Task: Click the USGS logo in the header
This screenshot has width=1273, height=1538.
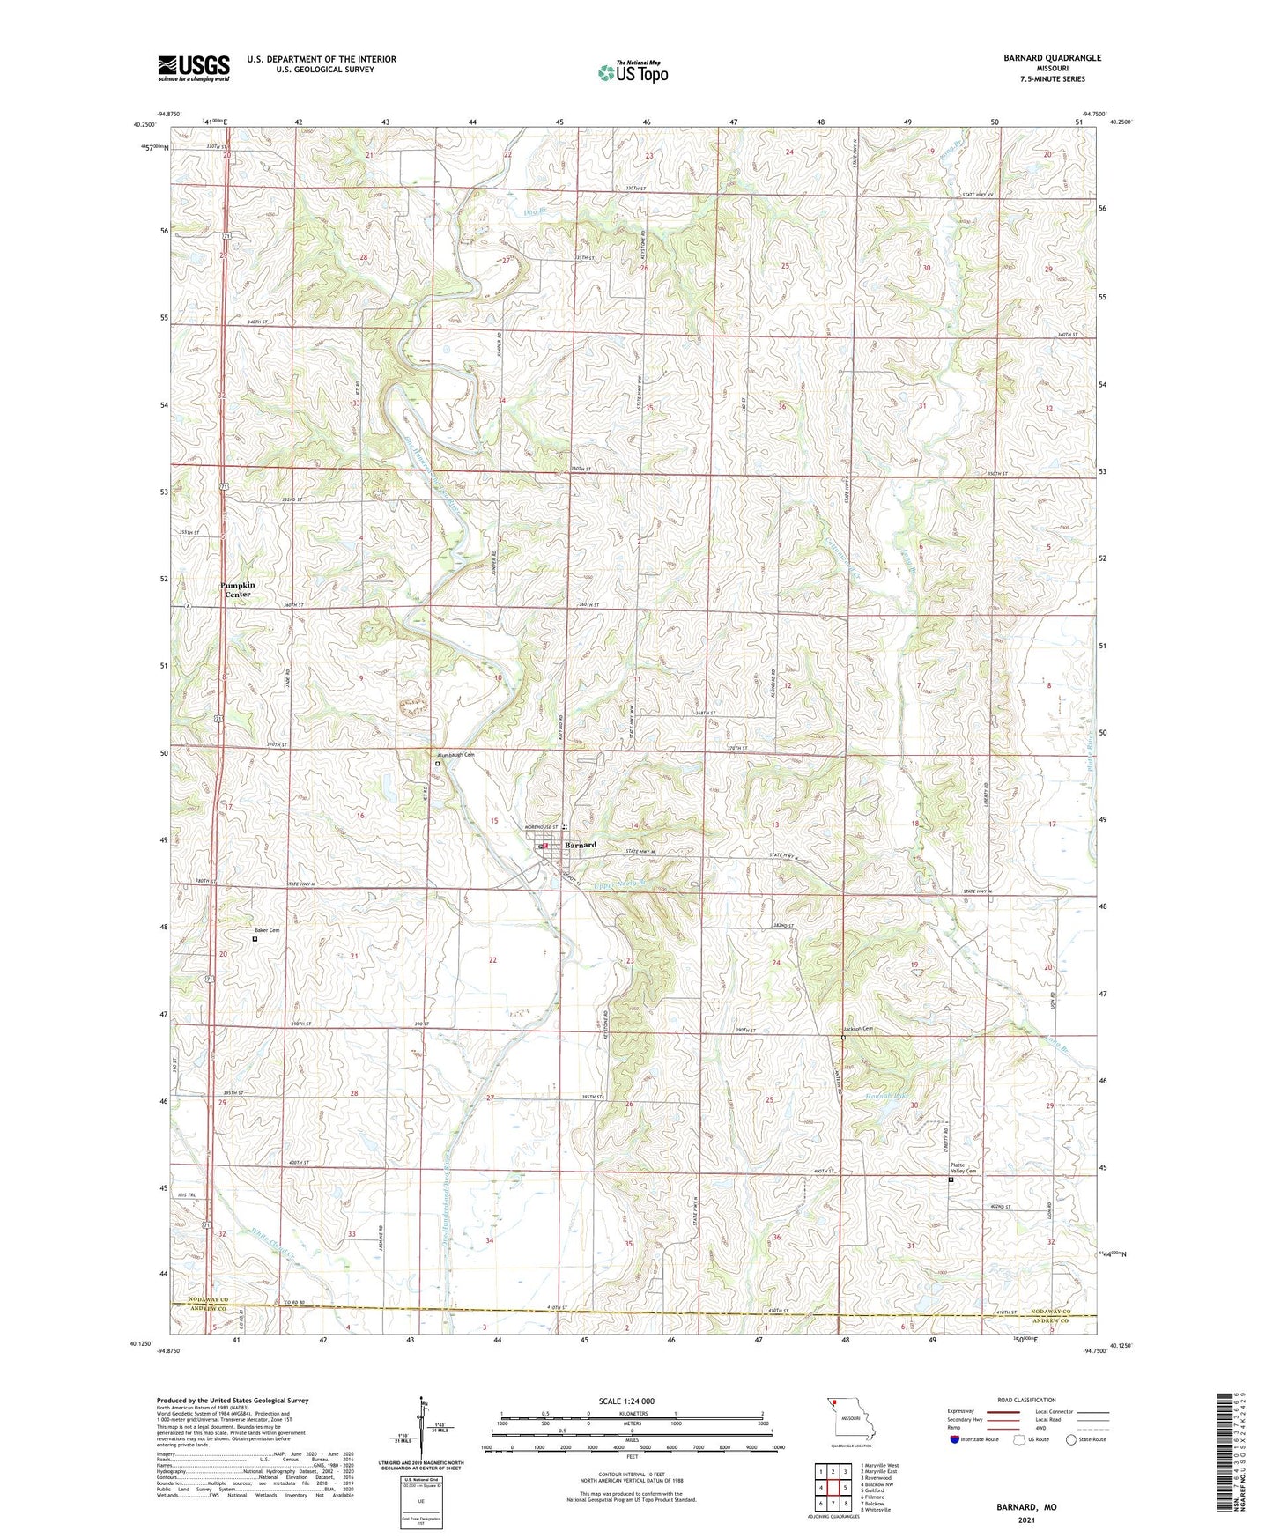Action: (194, 67)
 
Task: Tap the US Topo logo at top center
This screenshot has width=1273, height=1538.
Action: (632, 72)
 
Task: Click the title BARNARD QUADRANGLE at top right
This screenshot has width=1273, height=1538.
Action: (1052, 58)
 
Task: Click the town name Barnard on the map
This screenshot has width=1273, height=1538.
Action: (581, 845)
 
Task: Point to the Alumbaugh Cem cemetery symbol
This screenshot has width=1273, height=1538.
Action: (437, 765)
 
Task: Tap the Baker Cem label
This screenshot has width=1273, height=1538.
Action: (267, 930)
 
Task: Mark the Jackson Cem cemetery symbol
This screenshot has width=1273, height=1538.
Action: (843, 1038)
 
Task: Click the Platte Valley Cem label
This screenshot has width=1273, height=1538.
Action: (963, 1168)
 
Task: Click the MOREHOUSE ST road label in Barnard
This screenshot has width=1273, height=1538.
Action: (543, 827)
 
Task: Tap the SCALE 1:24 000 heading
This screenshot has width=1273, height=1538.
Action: (626, 1401)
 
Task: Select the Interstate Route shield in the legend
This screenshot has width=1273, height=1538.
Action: (955, 1439)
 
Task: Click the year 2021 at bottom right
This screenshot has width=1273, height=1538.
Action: (1025, 1520)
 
